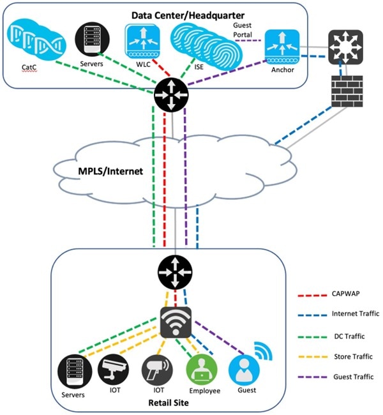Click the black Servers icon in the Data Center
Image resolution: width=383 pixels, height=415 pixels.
click(x=91, y=40)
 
